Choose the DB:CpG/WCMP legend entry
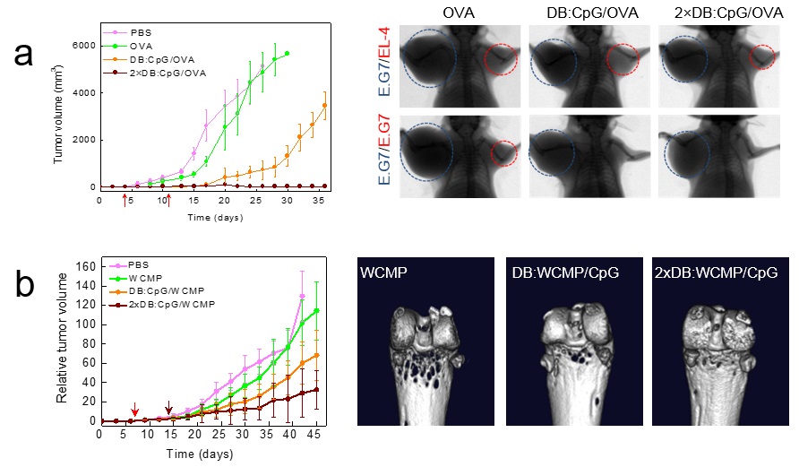point(159,291)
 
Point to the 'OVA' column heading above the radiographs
point(458,12)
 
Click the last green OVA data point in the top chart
point(287,54)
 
